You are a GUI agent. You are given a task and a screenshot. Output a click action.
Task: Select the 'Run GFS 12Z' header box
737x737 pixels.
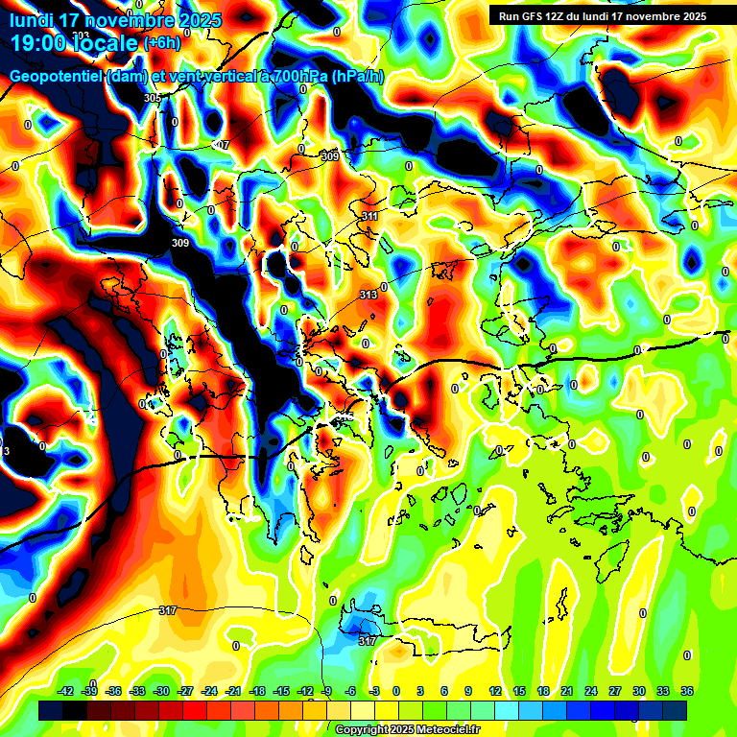tap(601, 15)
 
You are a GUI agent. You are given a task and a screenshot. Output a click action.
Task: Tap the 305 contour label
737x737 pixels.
tap(153, 99)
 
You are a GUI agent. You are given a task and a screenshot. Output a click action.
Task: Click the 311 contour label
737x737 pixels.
tap(369, 217)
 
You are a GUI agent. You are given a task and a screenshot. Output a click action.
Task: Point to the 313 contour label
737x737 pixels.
tap(368, 295)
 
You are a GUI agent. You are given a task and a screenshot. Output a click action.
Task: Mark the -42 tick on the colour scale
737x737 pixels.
tap(66, 691)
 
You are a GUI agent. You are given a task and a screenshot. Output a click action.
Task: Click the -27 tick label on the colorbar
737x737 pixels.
tap(185, 691)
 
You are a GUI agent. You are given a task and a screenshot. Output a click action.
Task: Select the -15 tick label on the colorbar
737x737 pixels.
tap(281, 691)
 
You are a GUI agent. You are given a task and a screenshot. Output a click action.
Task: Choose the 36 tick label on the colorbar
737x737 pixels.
tap(686, 691)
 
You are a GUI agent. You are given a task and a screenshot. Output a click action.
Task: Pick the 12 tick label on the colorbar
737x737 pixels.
tap(494, 691)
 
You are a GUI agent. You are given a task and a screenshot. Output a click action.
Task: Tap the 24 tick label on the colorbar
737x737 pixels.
tap(590, 691)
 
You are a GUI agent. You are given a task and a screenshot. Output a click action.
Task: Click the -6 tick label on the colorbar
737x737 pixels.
tap(352, 691)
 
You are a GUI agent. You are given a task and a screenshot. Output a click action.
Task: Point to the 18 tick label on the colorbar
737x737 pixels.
tap(542, 691)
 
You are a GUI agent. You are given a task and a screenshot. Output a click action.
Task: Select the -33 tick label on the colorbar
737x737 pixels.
tap(137, 691)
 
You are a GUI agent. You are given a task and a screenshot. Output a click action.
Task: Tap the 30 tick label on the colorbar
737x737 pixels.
tap(638, 691)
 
